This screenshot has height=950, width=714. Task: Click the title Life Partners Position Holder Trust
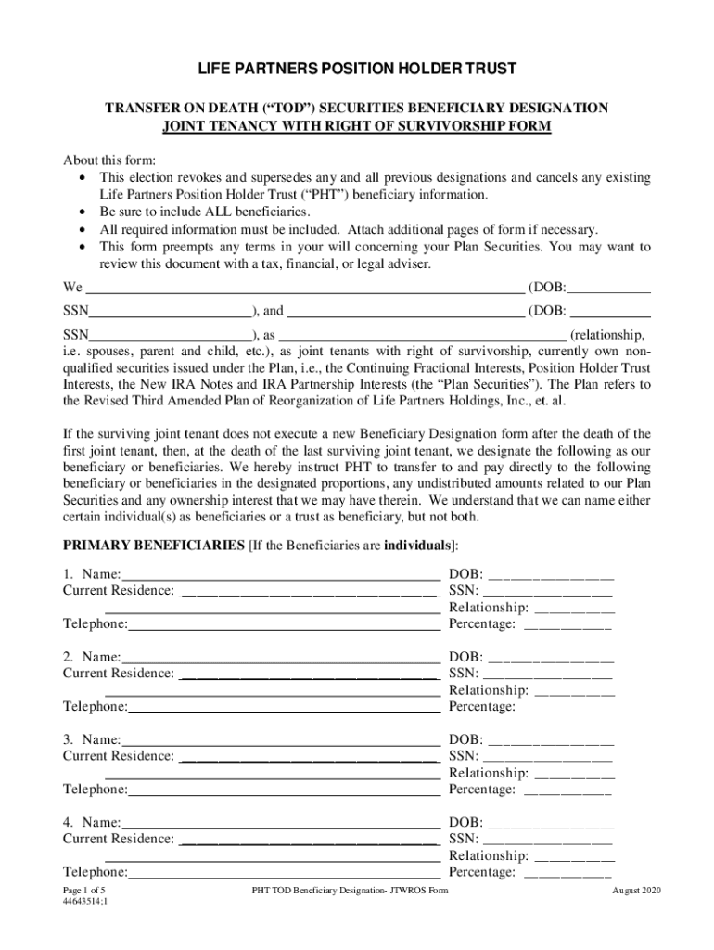tap(356, 71)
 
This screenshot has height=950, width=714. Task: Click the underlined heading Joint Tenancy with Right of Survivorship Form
tap(357, 125)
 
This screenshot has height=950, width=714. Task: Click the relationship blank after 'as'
tap(422, 335)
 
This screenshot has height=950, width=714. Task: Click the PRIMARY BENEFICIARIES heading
tap(153, 543)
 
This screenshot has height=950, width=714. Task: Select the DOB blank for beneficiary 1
tap(550, 574)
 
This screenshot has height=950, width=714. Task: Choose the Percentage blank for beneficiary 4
tap(567, 872)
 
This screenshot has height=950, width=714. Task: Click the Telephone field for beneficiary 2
tap(284, 707)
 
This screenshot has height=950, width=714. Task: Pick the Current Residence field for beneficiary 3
tap(308, 756)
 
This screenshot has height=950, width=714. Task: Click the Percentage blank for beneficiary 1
tap(567, 624)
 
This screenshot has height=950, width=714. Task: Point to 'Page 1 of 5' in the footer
tap(83, 891)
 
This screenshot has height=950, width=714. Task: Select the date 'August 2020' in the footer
tap(635, 892)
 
